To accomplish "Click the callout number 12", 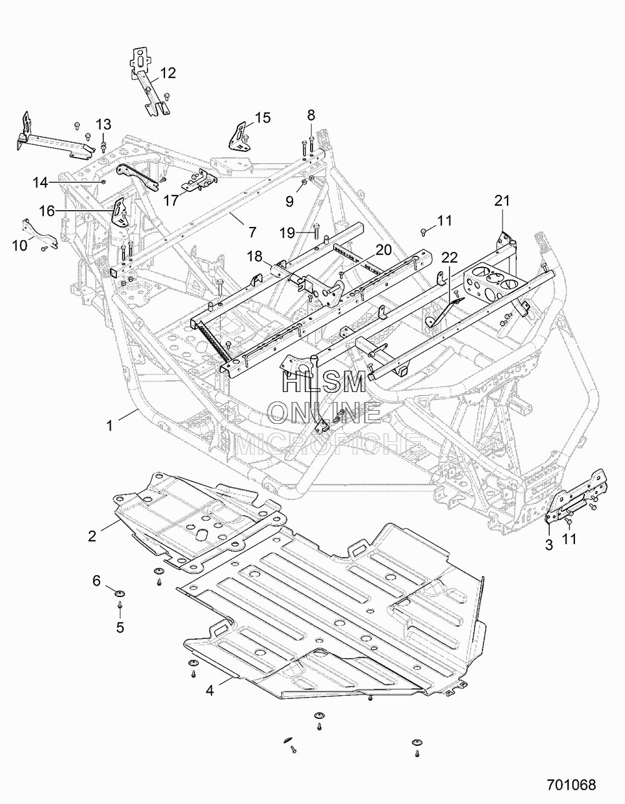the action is (168, 73).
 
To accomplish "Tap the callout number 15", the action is (263, 118).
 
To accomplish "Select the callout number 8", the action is (311, 116).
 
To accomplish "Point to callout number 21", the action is (502, 201).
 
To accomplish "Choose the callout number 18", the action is (255, 256).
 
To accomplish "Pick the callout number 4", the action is (210, 690).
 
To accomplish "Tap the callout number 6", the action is (96, 581).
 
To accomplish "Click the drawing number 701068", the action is (571, 785).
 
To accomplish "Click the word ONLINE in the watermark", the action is (324, 413).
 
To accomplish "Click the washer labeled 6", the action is (119, 594).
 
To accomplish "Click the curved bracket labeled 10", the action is (39, 233).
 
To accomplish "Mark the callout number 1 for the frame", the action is (109, 426).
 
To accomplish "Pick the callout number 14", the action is (41, 183).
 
